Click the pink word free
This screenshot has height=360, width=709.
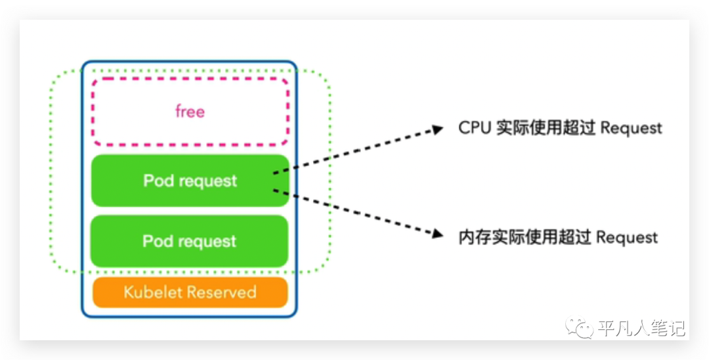(x=190, y=111)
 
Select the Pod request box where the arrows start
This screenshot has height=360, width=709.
(x=190, y=181)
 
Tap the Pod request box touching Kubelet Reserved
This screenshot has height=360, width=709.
(x=190, y=241)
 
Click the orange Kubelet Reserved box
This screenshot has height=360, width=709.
(x=190, y=292)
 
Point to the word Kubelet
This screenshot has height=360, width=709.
(x=152, y=292)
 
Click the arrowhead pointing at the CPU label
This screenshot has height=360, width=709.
(x=437, y=129)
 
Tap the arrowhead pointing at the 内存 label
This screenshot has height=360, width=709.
(x=437, y=233)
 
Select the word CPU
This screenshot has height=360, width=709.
(x=475, y=127)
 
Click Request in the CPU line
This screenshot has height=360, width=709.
(x=632, y=128)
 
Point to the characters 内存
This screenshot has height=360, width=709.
(x=475, y=237)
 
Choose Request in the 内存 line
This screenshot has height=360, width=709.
(x=627, y=237)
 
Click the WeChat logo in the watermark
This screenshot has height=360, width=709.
(x=579, y=326)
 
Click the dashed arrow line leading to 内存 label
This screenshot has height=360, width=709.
(x=357, y=213)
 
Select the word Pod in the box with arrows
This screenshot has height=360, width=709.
(x=158, y=180)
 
